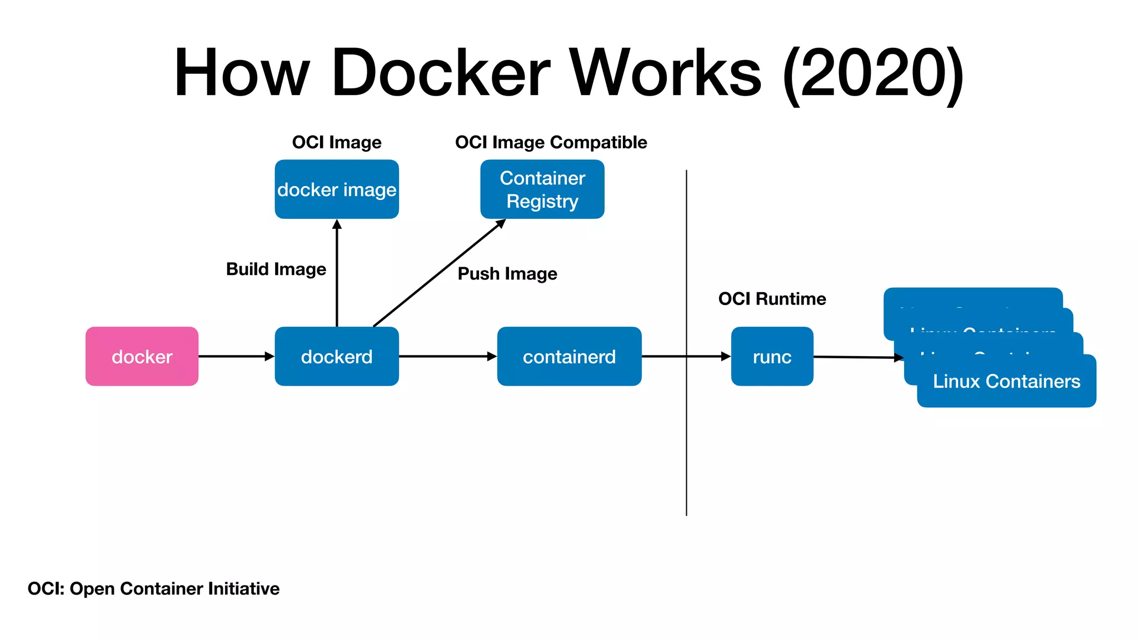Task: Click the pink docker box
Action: (x=142, y=356)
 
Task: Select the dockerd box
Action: (x=337, y=356)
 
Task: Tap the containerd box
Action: (x=569, y=356)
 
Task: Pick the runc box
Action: (x=772, y=356)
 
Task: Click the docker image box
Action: (x=337, y=189)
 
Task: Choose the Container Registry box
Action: (x=542, y=189)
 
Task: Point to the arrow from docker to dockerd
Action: (x=236, y=356)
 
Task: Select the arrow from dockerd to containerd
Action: (x=447, y=356)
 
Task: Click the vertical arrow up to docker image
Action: (x=337, y=278)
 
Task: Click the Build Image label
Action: (x=276, y=269)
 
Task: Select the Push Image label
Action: (x=507, y=274)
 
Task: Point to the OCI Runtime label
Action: (x=772, y=299)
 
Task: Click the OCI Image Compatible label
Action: (x=551, y=143)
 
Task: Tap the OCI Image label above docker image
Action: (x=337, y=143)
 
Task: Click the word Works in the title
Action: (x=666, y=73)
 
